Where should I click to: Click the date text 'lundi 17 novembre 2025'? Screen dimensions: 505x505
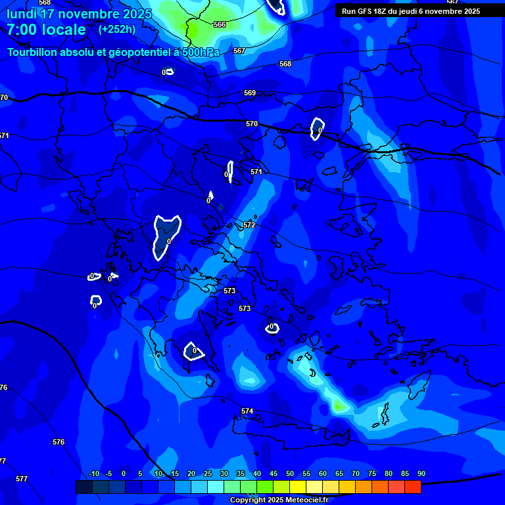tap(79, 14)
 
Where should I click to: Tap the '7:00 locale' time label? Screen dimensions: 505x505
tap(46, 30)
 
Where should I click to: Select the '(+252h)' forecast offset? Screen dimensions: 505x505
tap(117, 30)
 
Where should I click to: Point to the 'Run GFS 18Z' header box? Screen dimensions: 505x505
tap(411, 11)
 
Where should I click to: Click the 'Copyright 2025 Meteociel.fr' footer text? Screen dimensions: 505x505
tap(279, 500)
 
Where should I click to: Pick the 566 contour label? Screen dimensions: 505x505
tap(220, 24)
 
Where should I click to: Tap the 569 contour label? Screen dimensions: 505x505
tap(250, 93)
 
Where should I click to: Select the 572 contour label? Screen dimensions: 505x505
tap(249, 225)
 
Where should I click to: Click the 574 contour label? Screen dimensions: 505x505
tap(247, 411)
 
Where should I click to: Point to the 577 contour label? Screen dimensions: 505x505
tap(22, 479)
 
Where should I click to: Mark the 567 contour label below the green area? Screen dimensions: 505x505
tap(239, 51)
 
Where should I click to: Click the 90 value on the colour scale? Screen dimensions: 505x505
tap(421, 473)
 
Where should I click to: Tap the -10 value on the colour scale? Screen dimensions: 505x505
tap(93, 473)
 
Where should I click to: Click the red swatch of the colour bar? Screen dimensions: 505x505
tap(412, 487)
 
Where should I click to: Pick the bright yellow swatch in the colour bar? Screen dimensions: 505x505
tap(298, 487)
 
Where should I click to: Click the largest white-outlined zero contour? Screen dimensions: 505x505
tap(166, 235)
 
